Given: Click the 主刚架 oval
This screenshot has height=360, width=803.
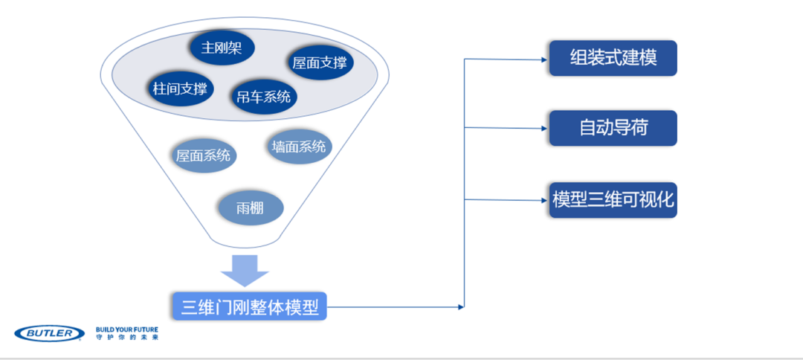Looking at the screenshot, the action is [222, 48].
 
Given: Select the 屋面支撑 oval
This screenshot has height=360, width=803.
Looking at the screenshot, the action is [320, 63].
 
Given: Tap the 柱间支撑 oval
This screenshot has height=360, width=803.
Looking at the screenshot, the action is [180, 89].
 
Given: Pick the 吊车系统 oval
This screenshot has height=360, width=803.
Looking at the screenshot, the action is [264, 96].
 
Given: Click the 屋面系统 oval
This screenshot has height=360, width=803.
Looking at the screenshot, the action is [203, 155].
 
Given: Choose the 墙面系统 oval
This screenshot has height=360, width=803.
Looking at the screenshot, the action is [299, 147].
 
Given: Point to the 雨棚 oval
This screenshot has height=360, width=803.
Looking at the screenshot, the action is [251, 208].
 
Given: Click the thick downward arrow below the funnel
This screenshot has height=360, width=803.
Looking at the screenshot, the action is [244, 271].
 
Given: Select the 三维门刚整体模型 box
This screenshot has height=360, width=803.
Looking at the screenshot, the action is [249, 306].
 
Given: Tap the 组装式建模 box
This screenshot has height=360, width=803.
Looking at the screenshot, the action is [613, 58].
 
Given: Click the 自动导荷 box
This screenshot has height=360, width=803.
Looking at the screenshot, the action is [613, 128].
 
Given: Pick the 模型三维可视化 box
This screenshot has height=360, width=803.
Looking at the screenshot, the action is [613, 200].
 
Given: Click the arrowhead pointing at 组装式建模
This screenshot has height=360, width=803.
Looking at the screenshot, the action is [545, 60].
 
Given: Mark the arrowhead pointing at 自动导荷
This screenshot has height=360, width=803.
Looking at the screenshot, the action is [545, 129].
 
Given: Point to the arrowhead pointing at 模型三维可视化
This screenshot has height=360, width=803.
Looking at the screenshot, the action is [545, 200].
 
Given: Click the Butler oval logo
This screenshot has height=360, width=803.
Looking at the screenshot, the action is [50, 333].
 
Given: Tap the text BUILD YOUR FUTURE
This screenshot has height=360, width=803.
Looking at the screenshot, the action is [127, 330].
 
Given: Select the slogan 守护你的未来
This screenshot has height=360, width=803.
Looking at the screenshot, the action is [127, 338].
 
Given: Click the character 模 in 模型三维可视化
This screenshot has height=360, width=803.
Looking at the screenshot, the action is [561, 200].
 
